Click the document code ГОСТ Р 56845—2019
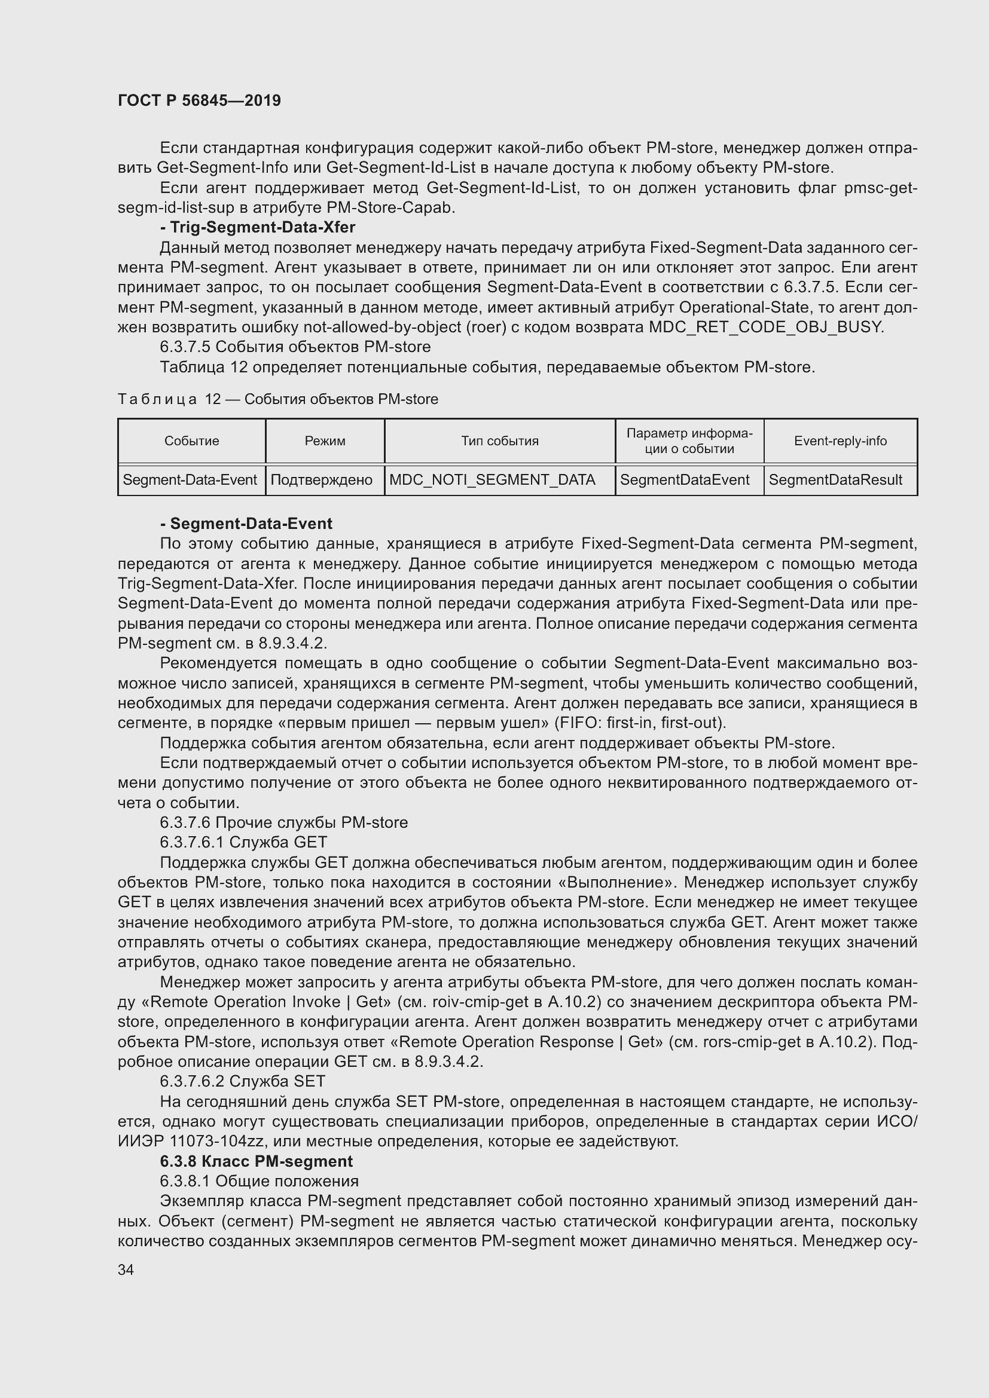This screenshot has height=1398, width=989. [199, 100]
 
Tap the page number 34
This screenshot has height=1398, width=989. [126, 1269]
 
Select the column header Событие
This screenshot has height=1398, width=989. [191, 441]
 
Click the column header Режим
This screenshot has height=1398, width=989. [325, 441]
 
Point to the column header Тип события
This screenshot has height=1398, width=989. [499, 441]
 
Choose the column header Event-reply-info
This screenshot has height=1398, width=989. [840, 441]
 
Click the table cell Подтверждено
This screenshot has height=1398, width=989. [321, 480]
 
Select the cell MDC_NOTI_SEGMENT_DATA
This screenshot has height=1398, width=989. [492, 480]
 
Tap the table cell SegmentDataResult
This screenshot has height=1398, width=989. [835, 480]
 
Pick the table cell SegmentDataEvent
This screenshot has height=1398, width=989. [685, 480]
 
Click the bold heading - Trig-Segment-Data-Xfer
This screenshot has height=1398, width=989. [258, 227]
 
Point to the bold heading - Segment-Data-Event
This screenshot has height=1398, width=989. [246, 524]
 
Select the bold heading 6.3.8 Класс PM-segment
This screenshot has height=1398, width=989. [257, 1161]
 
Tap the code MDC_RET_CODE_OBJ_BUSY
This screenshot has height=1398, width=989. [765, 327]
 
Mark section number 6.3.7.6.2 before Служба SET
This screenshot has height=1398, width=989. [192, 1081]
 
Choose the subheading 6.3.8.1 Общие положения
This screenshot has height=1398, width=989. [259, 1181]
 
